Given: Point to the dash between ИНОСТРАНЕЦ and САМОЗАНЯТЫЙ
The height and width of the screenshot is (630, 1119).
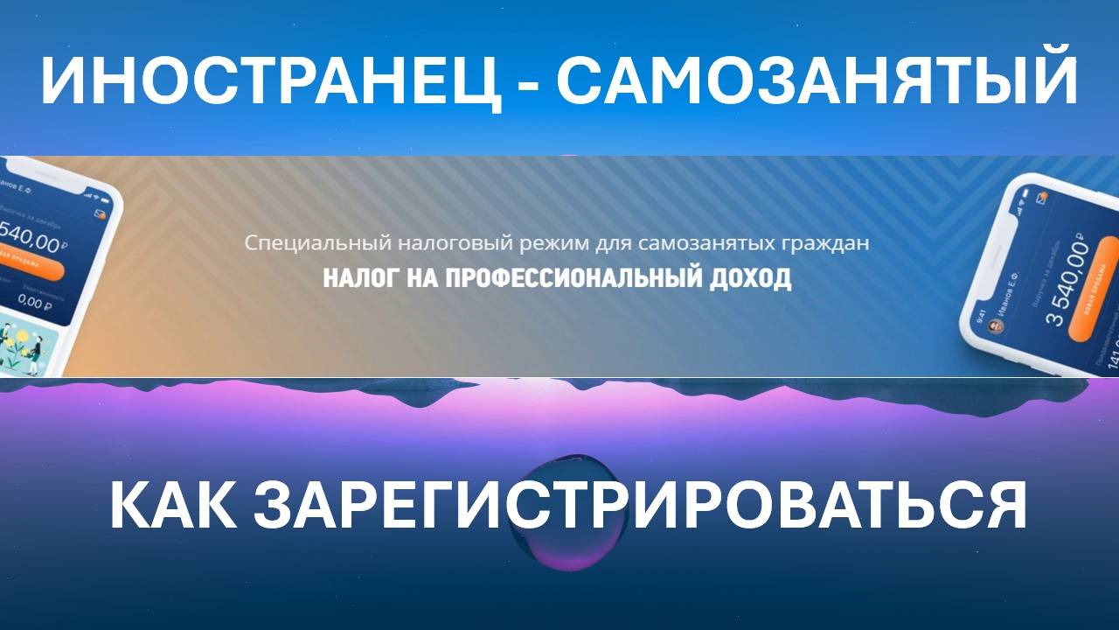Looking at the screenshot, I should (529, 85).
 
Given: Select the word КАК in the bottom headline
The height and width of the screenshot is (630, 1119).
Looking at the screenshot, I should (171, 507).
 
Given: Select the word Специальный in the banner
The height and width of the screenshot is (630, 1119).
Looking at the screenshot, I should (296, 242).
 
